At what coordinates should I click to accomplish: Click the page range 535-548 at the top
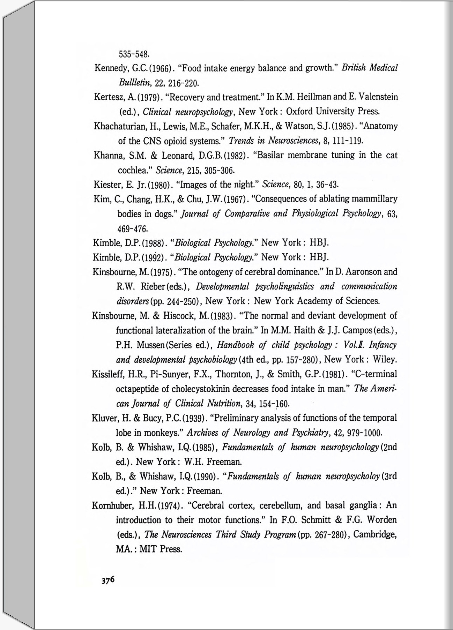(x=134, y=54)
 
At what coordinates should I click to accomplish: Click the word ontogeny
(x=214, y=272)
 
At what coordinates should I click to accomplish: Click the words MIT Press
(x=160, y=549)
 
